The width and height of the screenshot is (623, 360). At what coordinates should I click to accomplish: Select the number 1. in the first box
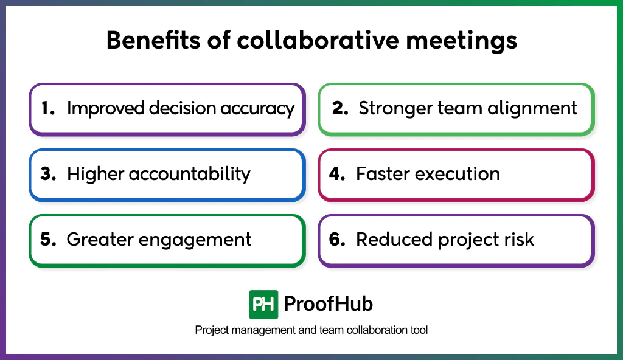coord(48,108)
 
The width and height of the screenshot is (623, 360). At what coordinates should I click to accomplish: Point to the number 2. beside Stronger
coord(340,108)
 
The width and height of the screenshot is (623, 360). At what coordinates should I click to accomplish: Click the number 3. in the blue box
coord(49,174)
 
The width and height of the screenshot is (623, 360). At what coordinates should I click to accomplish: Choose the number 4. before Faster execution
coord(338,174)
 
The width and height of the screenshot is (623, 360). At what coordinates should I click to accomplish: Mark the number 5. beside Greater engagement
coord(49,240)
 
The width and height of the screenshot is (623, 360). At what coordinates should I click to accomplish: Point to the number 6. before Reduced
coord(338,240)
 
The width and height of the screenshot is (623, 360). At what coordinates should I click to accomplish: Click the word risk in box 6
coord(518,240)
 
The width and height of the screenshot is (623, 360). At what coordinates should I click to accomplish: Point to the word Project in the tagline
coord(212,330)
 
